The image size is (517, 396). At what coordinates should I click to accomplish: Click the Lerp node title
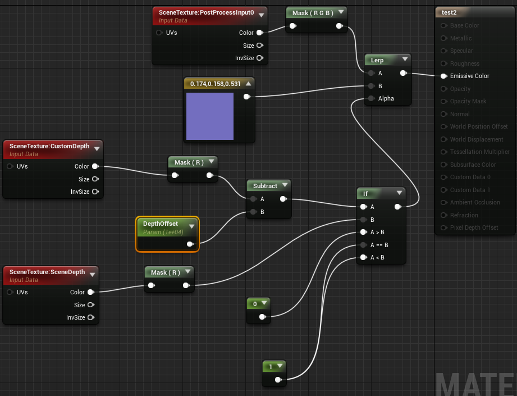(x=377, y=60)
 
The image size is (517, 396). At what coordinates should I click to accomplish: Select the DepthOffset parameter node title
(x=161, y=224)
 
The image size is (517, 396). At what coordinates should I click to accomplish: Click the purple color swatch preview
(x=210, y=116)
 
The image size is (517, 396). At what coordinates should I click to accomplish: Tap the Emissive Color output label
(x=469, y=76)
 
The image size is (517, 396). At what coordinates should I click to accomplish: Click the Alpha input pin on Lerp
(x=370, y=98)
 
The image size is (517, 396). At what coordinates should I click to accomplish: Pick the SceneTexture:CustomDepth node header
(x=49, y=147)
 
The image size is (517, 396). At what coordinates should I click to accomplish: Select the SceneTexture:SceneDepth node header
(x=47, y=272)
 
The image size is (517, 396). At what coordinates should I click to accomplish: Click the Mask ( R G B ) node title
(x=312, y=12)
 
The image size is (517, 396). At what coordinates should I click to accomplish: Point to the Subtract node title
(x=265, y=186)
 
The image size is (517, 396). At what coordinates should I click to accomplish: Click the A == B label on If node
(x=379, y=245)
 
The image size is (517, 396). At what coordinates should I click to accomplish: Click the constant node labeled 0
(x=255, y=304)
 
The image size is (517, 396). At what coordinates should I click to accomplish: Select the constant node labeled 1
(x=271, y=367)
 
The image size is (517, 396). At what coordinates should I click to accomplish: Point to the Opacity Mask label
(x=468, y=101)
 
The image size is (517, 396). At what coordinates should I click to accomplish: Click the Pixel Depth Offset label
(x=474, y=227)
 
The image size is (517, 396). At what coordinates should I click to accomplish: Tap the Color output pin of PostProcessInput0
(x=259, y=33)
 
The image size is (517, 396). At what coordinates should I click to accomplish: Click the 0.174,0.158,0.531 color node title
(x=216, y=84)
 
